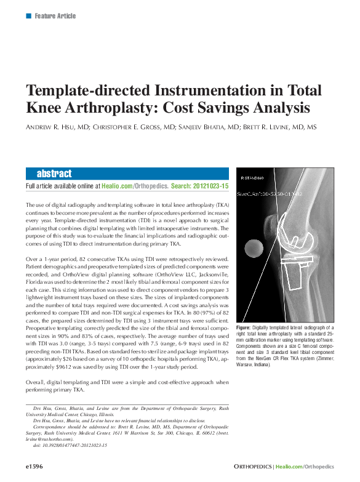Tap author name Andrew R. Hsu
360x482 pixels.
56,127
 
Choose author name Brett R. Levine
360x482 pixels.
276,127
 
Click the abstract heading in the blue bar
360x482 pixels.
54,174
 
